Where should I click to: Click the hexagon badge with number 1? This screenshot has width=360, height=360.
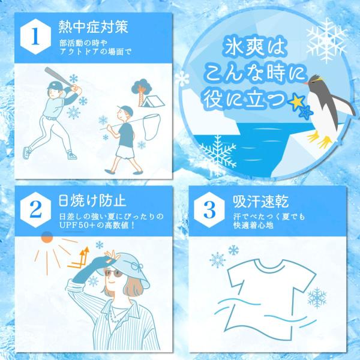coord(35,37)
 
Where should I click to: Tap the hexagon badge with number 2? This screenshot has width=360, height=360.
coord(35,210)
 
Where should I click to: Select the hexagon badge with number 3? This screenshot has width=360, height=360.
coord(209,210)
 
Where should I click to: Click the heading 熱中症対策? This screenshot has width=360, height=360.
coord(93,27)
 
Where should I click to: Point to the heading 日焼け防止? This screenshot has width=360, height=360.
coord(92,200)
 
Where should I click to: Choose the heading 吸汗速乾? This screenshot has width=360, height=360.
coord(260,201)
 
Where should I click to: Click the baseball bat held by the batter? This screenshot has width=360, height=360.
coord(59,77)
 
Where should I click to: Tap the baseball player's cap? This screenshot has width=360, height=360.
coord(55,85)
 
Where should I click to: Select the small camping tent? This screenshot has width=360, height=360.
coord(153,101)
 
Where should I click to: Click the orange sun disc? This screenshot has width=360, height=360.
coord(47,237)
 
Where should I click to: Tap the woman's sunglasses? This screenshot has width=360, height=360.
coord(113,273)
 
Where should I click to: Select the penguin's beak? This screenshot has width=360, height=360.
coord(306,83)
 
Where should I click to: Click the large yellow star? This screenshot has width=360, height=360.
coord(297,101)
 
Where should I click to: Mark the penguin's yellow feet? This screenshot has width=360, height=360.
coord(319,139)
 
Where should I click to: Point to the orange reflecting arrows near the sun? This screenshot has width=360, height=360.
coord(79,258)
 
